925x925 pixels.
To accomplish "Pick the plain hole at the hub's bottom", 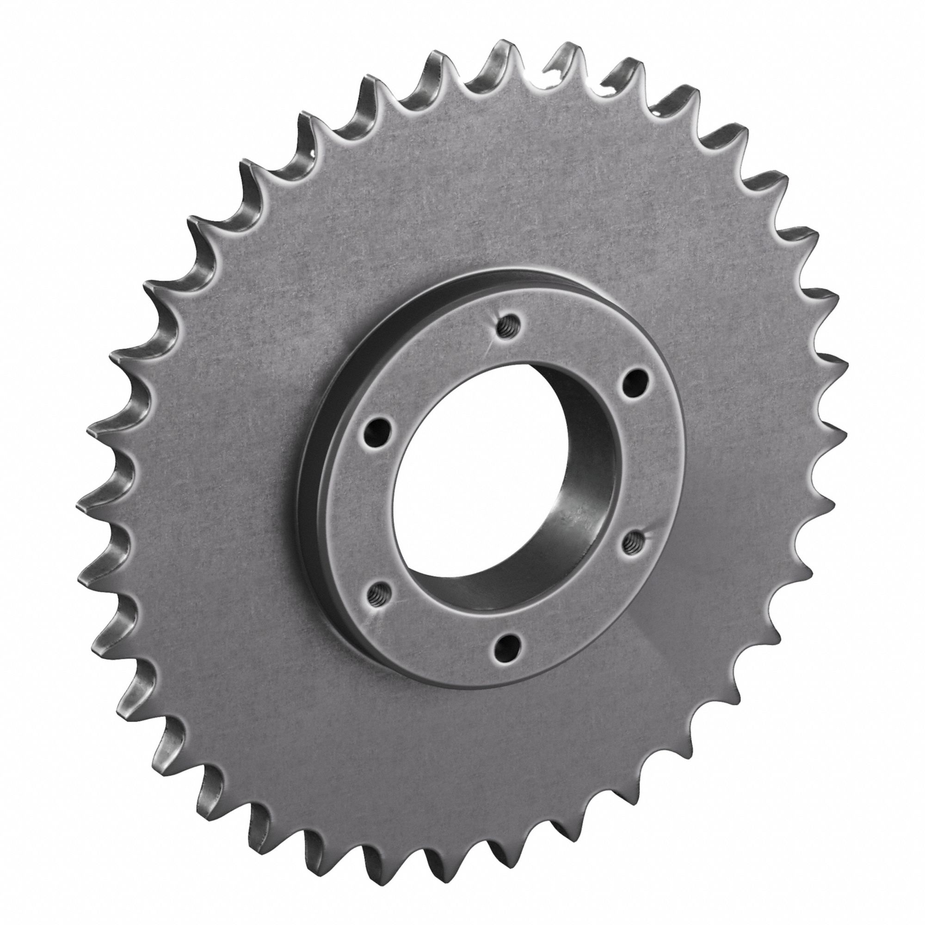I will [x=506, y=648].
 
